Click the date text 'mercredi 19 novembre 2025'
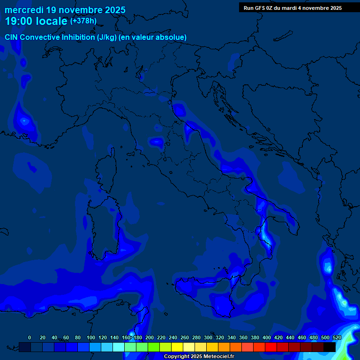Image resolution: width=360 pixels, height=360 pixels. click(x=65, y=10)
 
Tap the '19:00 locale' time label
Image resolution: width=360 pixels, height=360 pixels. click(x=36, y=21)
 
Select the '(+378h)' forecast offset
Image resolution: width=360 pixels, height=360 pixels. click(x=83, y=21)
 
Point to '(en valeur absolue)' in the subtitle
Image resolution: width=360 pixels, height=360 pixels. click(x=153, y=37)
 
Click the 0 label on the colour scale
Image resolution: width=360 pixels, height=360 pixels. click(x=30, y=337)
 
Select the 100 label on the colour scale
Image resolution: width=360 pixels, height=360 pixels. click(x=91, y=337)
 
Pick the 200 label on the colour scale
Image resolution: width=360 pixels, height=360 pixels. click(x=150, y=337)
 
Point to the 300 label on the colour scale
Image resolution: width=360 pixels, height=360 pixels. click(x=208, y=337)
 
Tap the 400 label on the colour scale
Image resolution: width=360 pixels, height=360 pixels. click(x=267, y=337)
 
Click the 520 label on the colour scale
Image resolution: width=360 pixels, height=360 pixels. click(x=337, y=337)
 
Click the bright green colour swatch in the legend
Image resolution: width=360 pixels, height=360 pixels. click(x=154, y=347)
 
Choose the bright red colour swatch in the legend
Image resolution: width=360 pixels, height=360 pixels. click(x=271, y=347)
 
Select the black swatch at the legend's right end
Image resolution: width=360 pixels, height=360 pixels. click(x=330, y=347)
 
